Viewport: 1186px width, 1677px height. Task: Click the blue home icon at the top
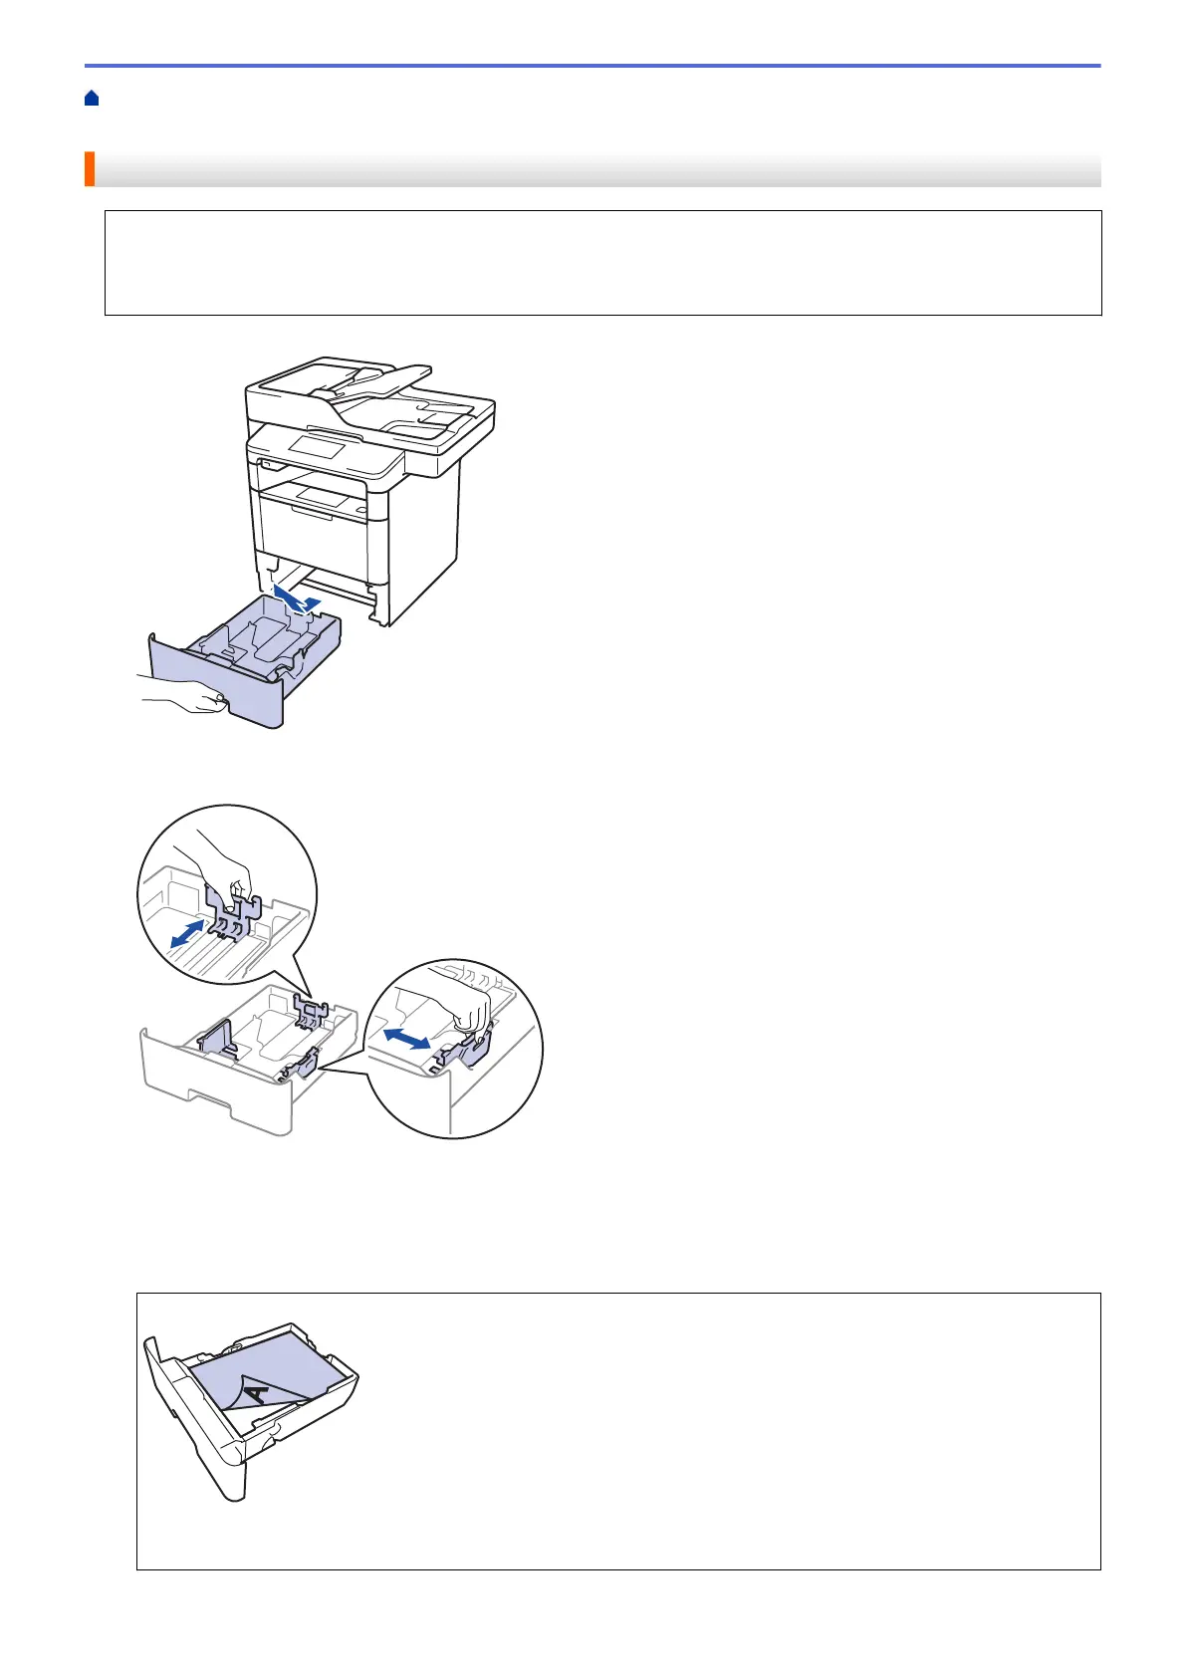[92, 98]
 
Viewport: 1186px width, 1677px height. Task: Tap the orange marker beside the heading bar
[90, 169]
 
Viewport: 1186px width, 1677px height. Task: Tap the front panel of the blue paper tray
[214, 677]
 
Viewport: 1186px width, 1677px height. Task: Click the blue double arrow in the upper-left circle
[186, 934]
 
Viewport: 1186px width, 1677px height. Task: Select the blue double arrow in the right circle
[408, 1038]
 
